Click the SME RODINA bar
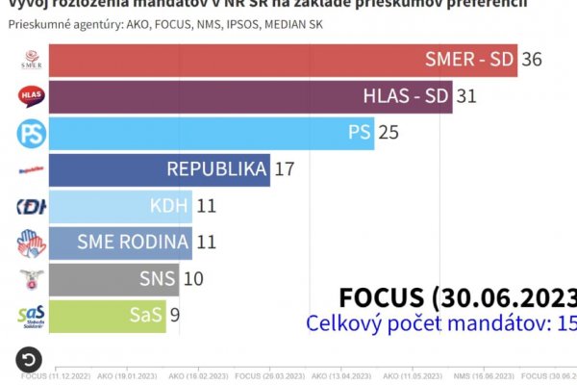(x=120, y=243)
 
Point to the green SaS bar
(x=107, y=316)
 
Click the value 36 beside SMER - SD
(x=532, y=60)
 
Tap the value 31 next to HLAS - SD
(x=467, y=97)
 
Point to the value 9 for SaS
(x=175, y=316)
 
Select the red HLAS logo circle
(x=31, y=96)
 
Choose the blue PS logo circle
(x=31, y=133)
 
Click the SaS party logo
(x=31, y=316)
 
